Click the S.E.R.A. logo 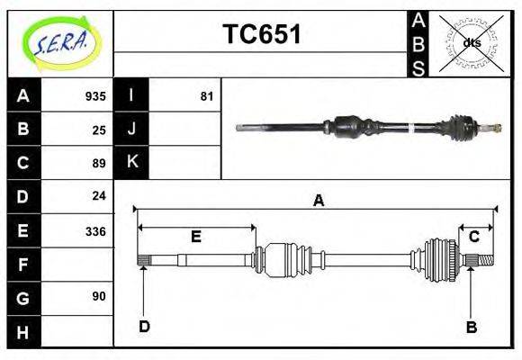59,42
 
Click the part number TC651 261,34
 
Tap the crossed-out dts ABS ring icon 472,43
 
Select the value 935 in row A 95,95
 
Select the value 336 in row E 95,230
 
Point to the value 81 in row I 207,95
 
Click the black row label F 22,265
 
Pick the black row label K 131,162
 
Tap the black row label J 131,129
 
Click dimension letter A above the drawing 318,201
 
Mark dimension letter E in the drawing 195,237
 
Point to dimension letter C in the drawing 473,236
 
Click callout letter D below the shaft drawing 144,326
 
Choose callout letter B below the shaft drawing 471,327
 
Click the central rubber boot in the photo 350,127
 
